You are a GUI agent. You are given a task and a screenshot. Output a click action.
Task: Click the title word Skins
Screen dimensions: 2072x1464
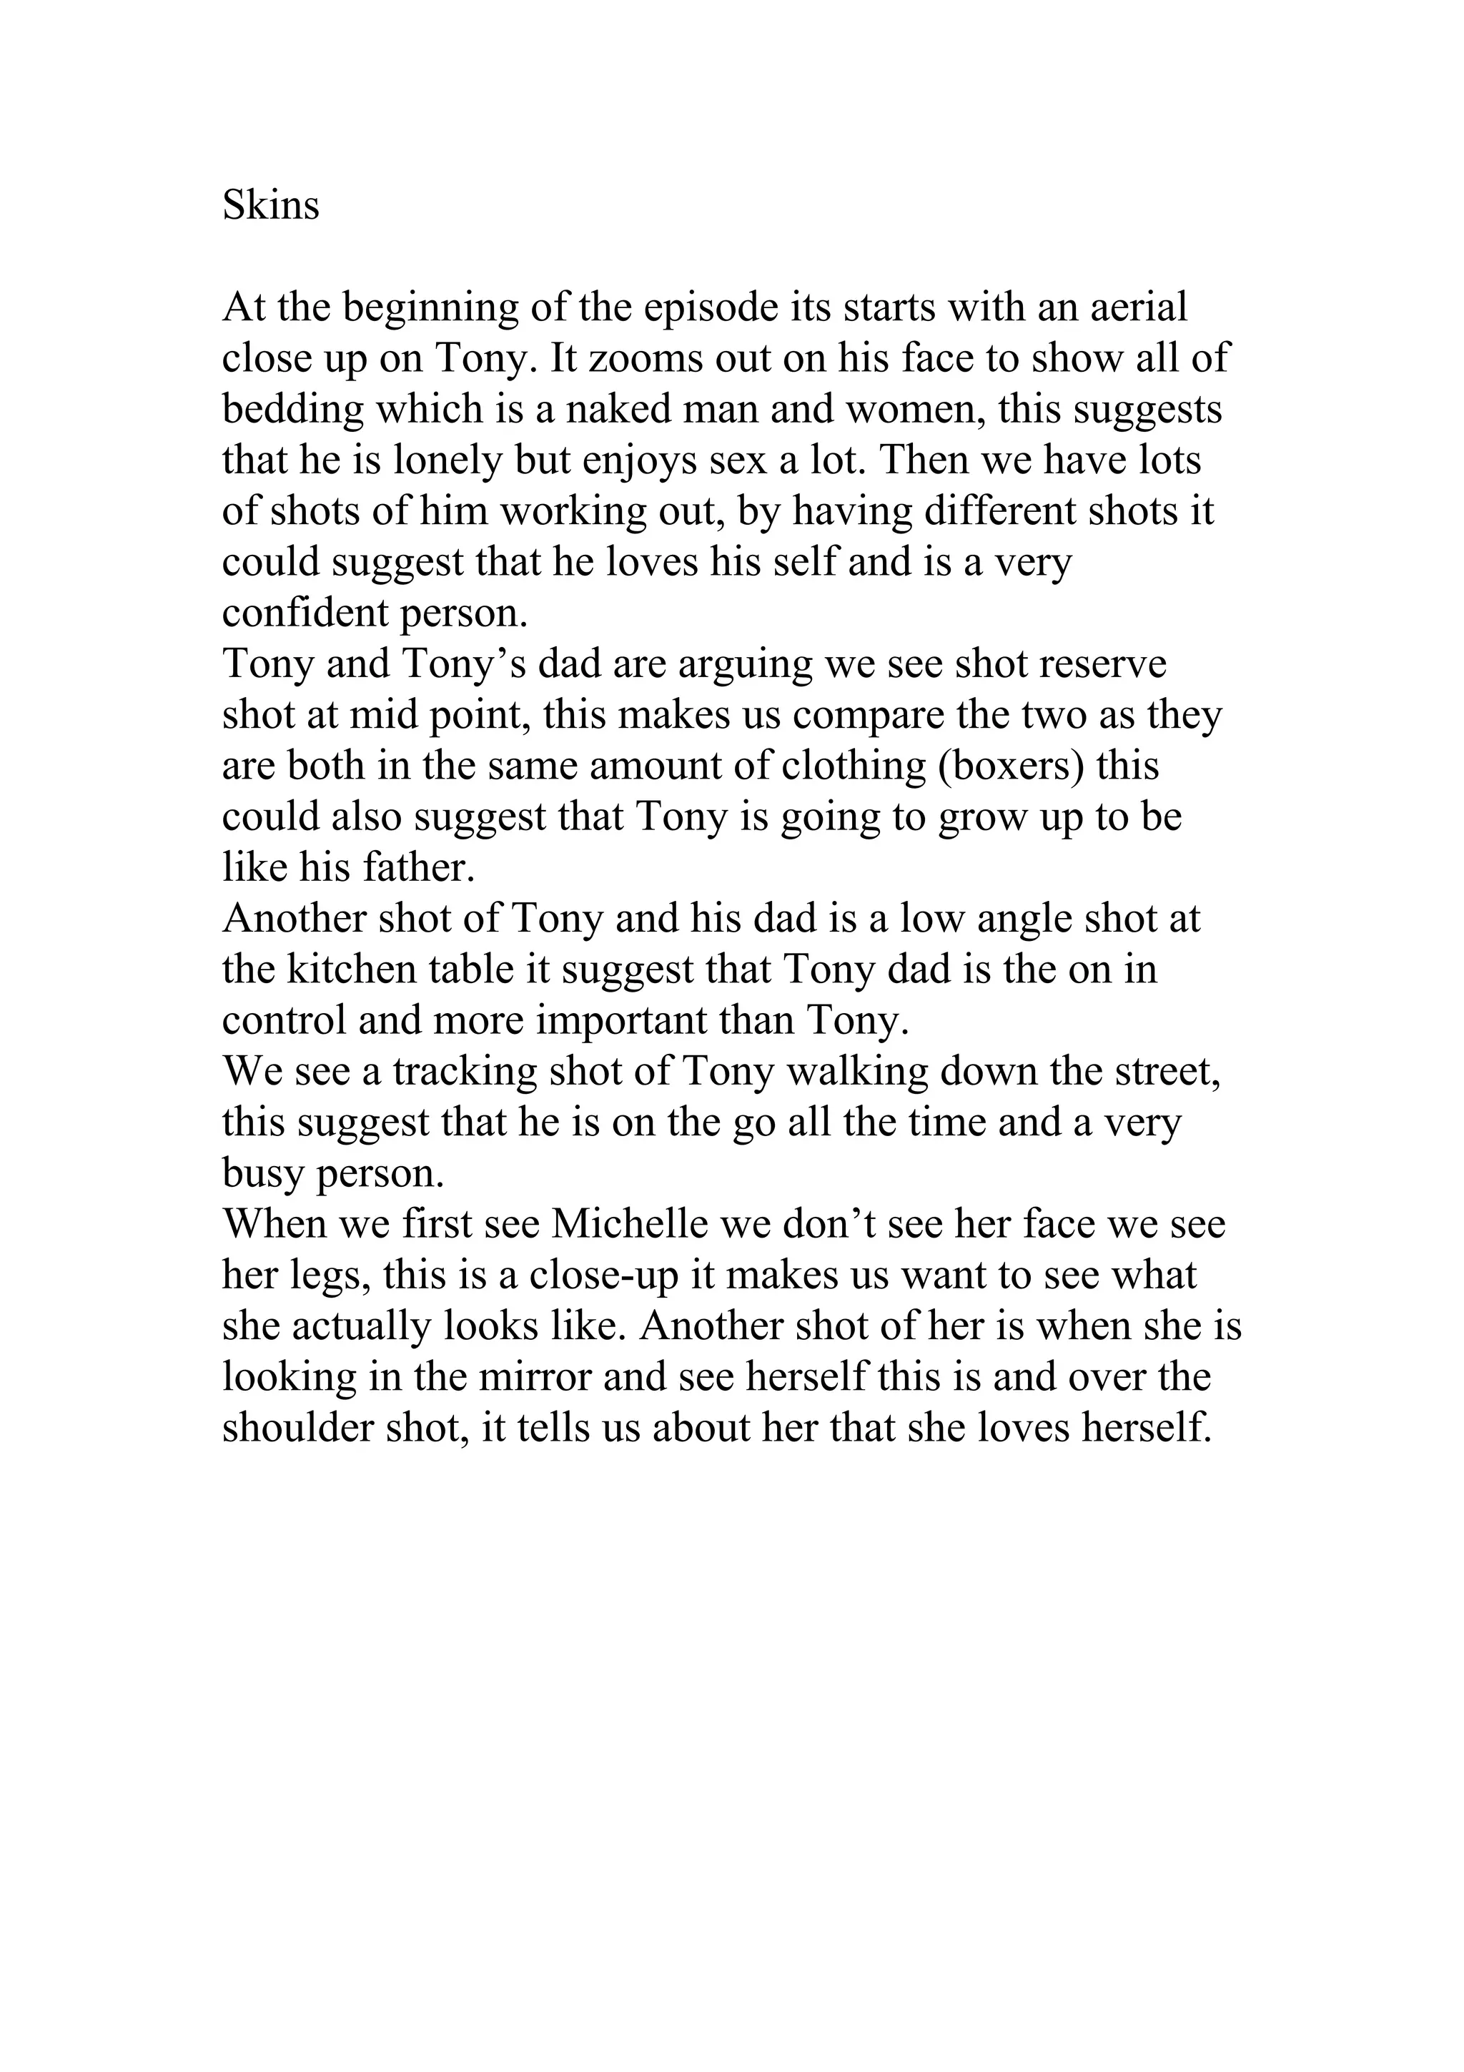point(271,206)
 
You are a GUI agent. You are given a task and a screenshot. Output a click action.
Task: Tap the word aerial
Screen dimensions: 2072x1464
point(1138,307)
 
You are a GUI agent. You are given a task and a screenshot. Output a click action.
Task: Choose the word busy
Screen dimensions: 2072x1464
point(262,1174)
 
